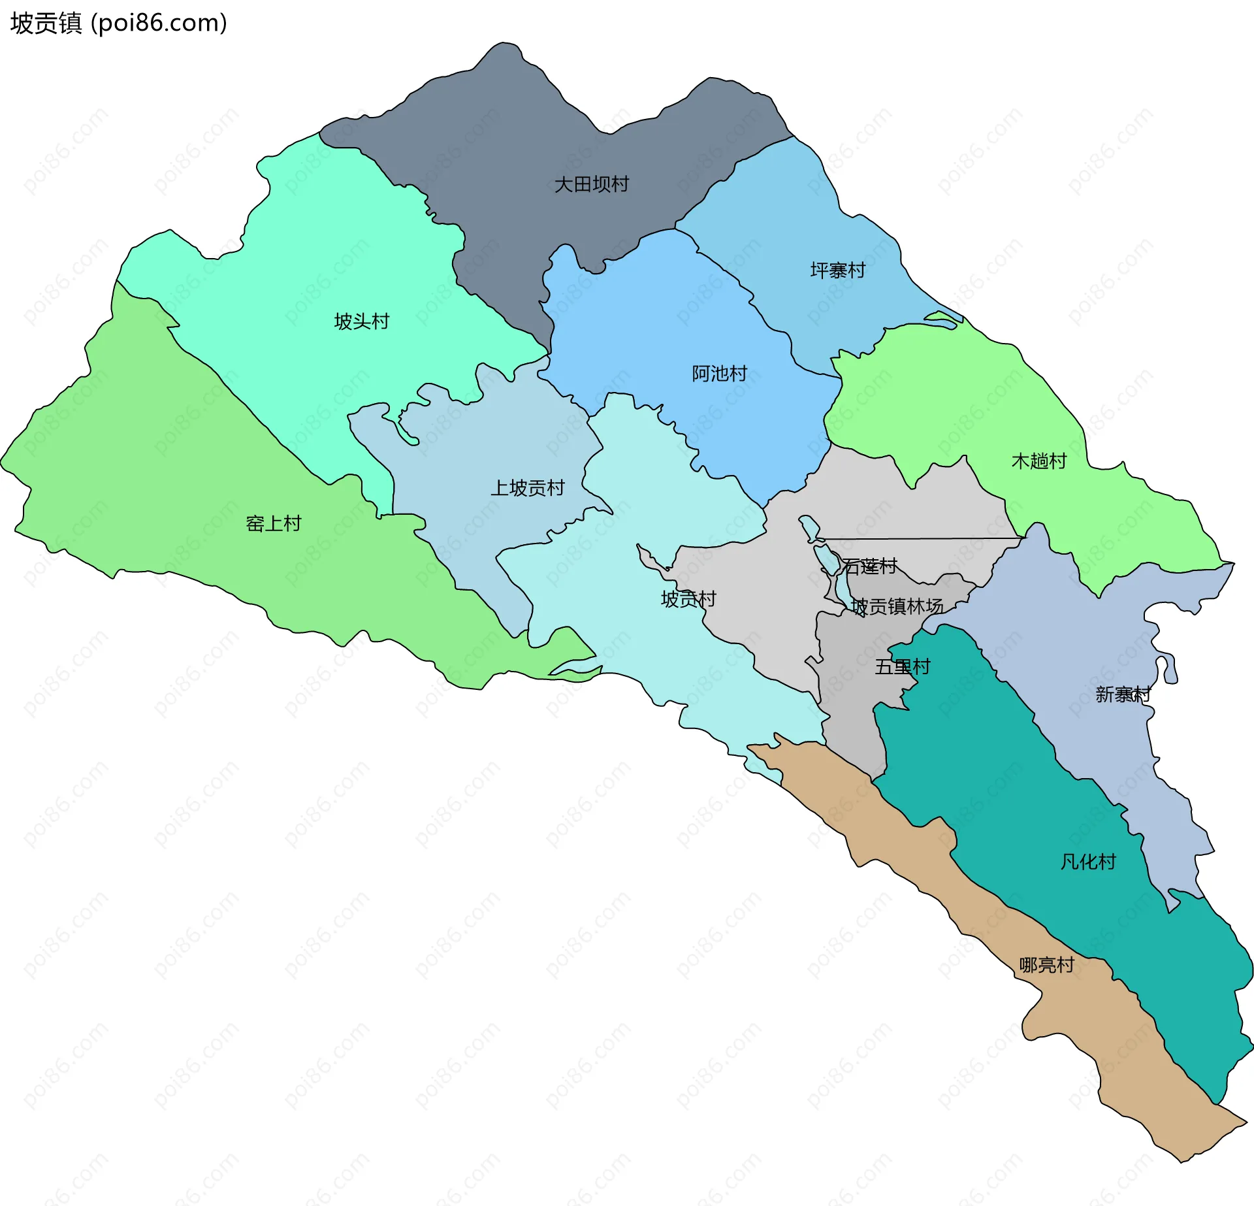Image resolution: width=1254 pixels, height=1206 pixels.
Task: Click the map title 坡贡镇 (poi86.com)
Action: click(x=118, y=23)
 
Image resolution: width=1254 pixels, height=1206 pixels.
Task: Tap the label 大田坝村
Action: click(x=591, y=184)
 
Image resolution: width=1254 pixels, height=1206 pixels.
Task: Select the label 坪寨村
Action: click(x=837, y=270)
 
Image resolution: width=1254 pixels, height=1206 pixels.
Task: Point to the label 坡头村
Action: click(x=361, y=321)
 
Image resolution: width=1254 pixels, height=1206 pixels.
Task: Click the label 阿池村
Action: click(x=719, y=374)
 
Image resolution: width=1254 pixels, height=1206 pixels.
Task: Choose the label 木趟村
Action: click(x=1038, y=461)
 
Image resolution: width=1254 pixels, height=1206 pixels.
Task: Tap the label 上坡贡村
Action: click(x=527, y=488)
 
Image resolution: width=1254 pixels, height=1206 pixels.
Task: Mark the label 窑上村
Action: click(x=273, y=523)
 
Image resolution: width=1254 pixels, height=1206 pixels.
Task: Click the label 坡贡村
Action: click(x=688, y=599)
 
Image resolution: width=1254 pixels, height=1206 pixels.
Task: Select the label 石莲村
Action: click(x=869, y=566)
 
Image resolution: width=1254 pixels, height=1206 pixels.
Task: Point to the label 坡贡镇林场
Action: click(x=897, y=607)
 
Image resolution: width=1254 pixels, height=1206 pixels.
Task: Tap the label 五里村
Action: click(x=902, y=667)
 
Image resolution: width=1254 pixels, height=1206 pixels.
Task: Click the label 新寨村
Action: click(x=1122, y=694)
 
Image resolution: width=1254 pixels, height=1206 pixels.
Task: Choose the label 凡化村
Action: click(x=1087, y=862)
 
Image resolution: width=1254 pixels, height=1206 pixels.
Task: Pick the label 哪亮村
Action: click(x=1046, y=965)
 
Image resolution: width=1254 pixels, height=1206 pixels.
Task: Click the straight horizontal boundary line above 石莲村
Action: click(x=914, y=539)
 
